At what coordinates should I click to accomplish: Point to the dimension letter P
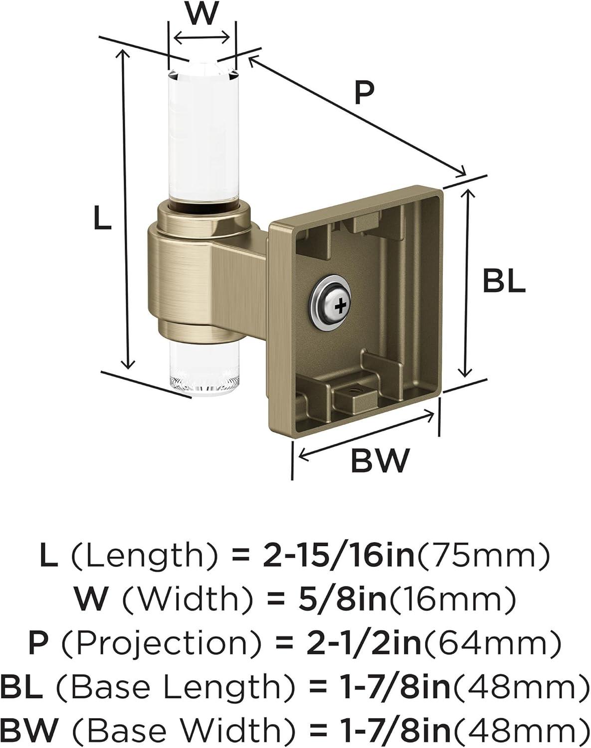point(364,93)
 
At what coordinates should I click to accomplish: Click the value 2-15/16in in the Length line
point(339,556)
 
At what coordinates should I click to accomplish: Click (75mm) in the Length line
point(483,556)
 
